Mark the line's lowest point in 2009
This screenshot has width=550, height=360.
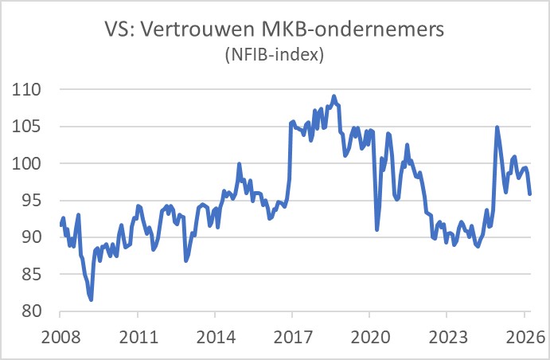point(92,299)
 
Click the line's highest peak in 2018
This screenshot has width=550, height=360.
point(334,96)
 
